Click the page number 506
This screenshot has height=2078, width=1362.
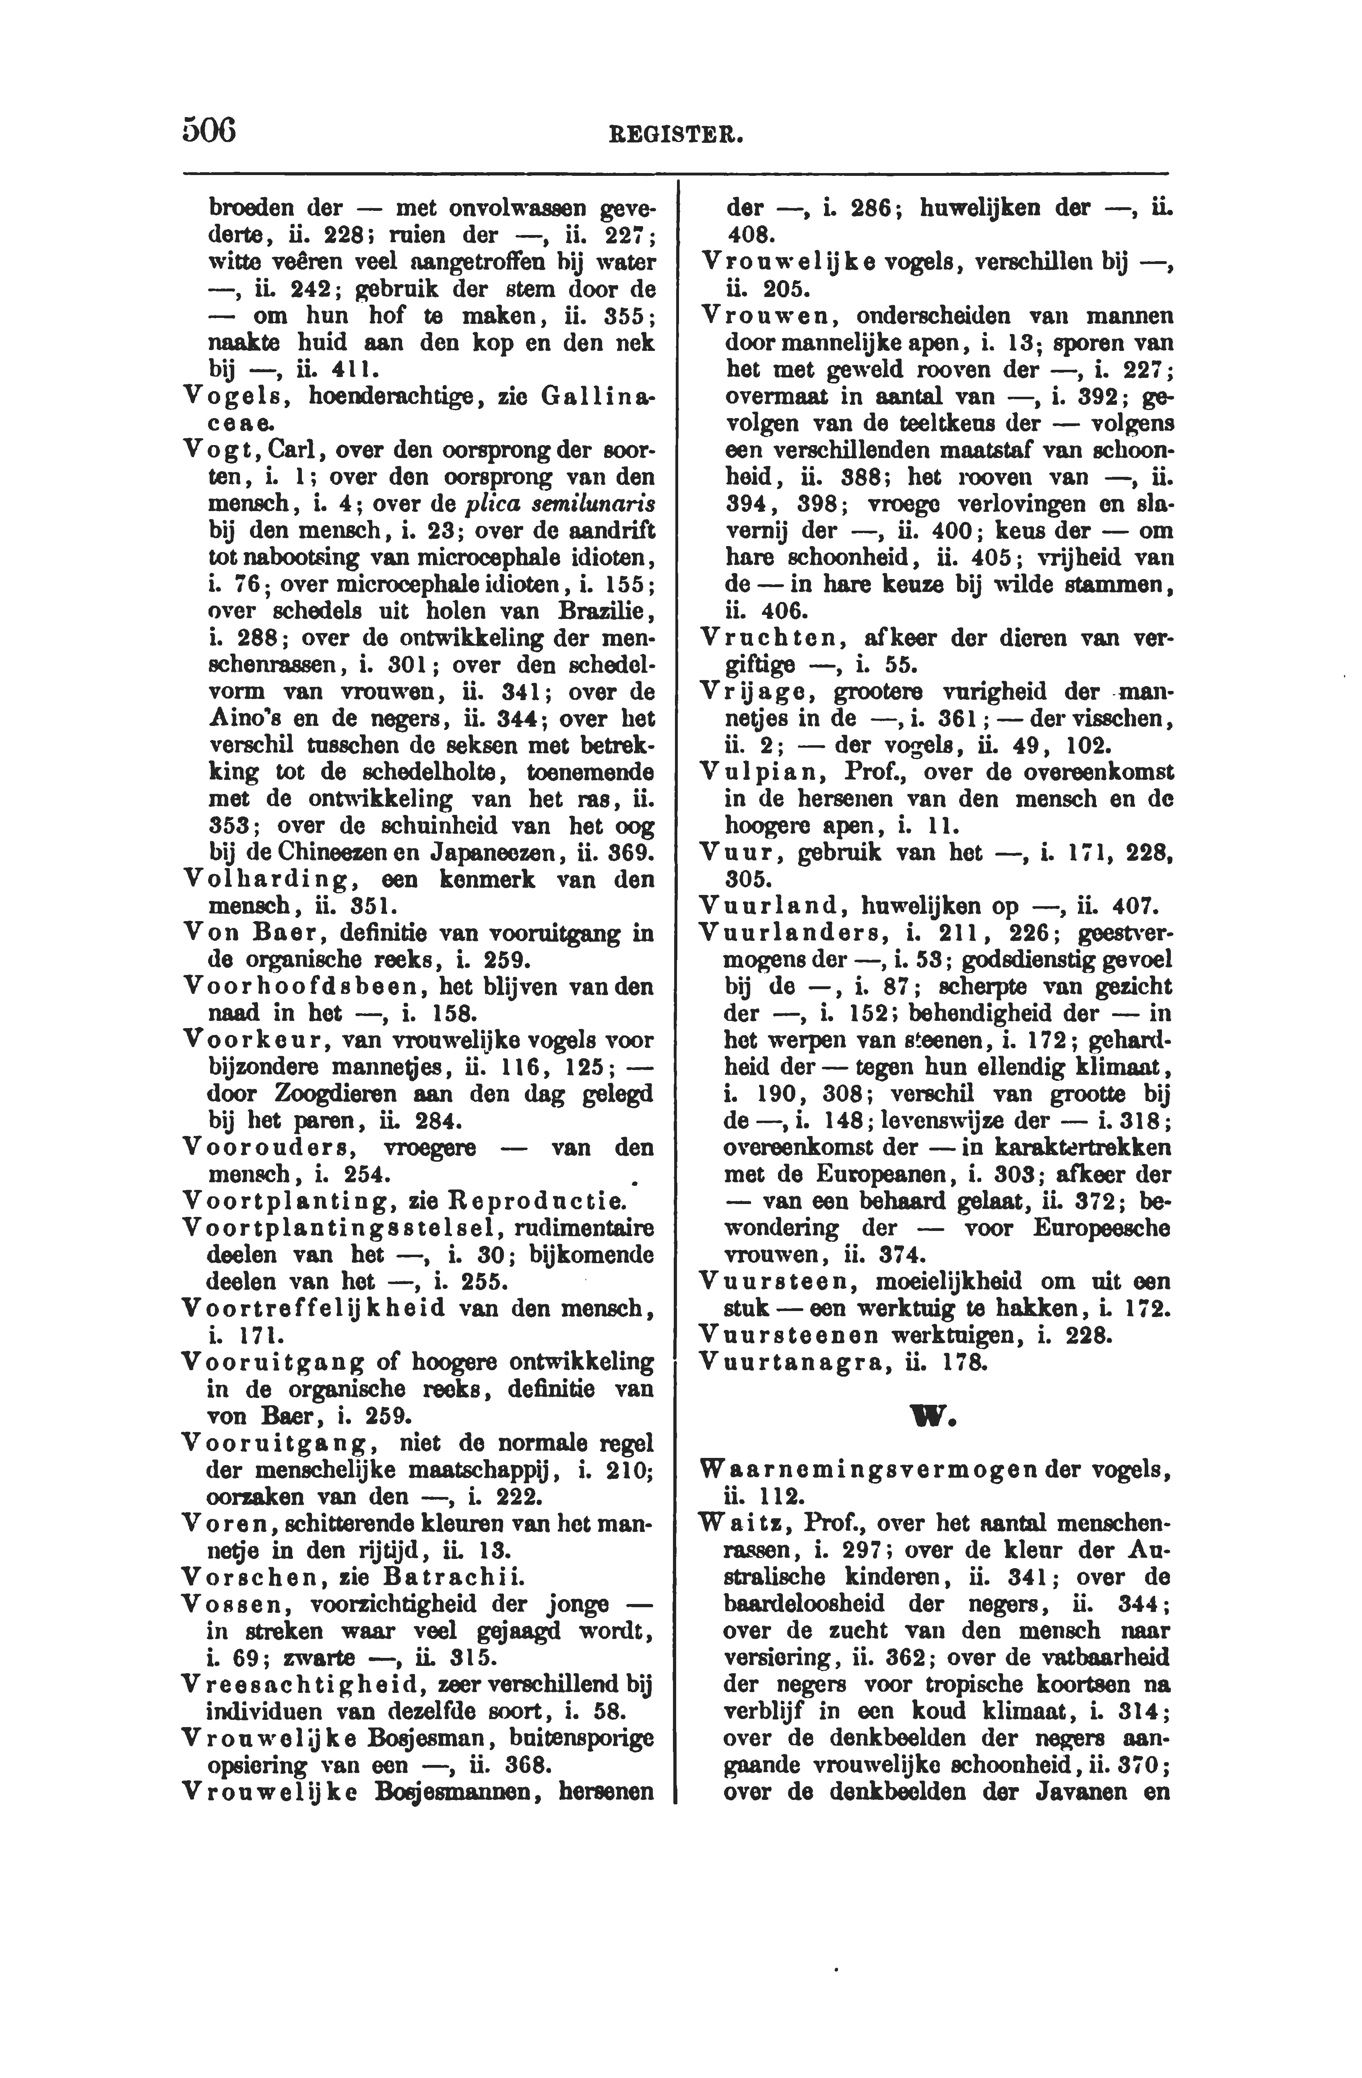tap(210, 129)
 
